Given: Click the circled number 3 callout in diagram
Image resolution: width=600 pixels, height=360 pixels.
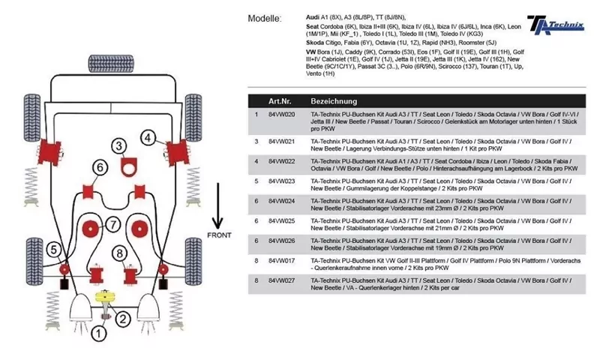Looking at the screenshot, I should click(119, 145).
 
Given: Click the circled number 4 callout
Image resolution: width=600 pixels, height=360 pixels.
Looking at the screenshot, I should click(148, 137).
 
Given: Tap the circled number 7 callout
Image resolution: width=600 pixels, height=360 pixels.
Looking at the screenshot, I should click(112, 224).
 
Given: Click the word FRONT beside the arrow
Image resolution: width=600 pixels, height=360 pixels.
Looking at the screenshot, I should click(218, 235).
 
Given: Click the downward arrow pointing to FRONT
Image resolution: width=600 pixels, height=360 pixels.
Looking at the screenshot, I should click(218, 206).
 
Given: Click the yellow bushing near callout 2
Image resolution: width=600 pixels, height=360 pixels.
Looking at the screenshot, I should click(108, 300).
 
